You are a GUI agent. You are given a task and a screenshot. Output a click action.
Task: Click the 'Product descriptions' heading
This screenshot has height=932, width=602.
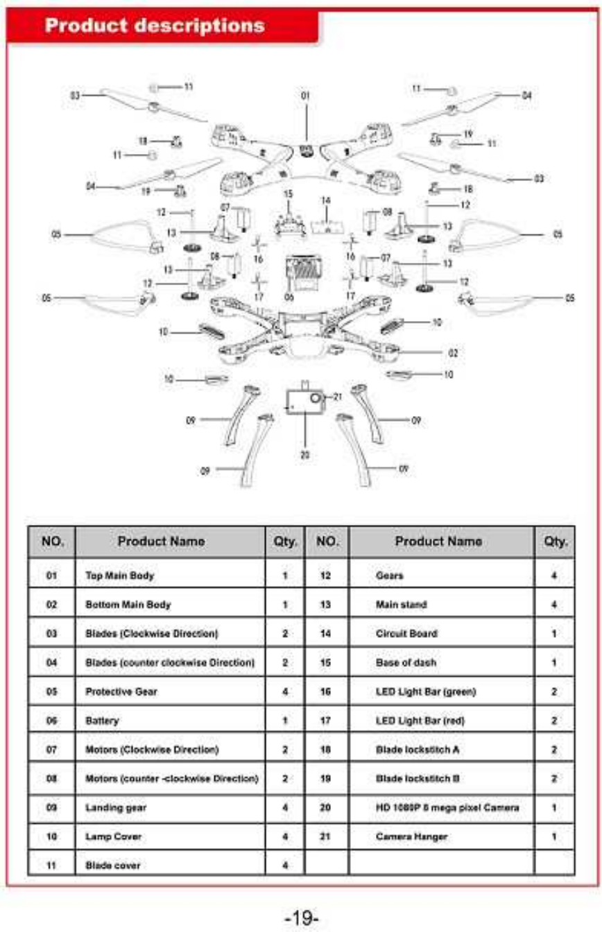(x=155, y=26)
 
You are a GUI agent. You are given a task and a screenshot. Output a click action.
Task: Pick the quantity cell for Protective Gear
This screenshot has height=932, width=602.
(x=285, y=692)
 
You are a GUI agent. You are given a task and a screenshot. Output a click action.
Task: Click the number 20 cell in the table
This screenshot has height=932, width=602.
(x=325, y=808)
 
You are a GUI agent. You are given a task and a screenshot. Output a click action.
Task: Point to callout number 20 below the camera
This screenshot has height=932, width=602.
(x=305, y=456)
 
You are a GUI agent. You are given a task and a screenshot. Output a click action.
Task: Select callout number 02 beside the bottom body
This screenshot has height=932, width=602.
(x=453, y=353)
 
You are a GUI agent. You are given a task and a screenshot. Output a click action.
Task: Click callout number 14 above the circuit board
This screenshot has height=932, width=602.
(x=326, y=200)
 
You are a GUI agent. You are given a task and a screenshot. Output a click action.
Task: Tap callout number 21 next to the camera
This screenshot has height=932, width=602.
(x=338, y=397)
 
